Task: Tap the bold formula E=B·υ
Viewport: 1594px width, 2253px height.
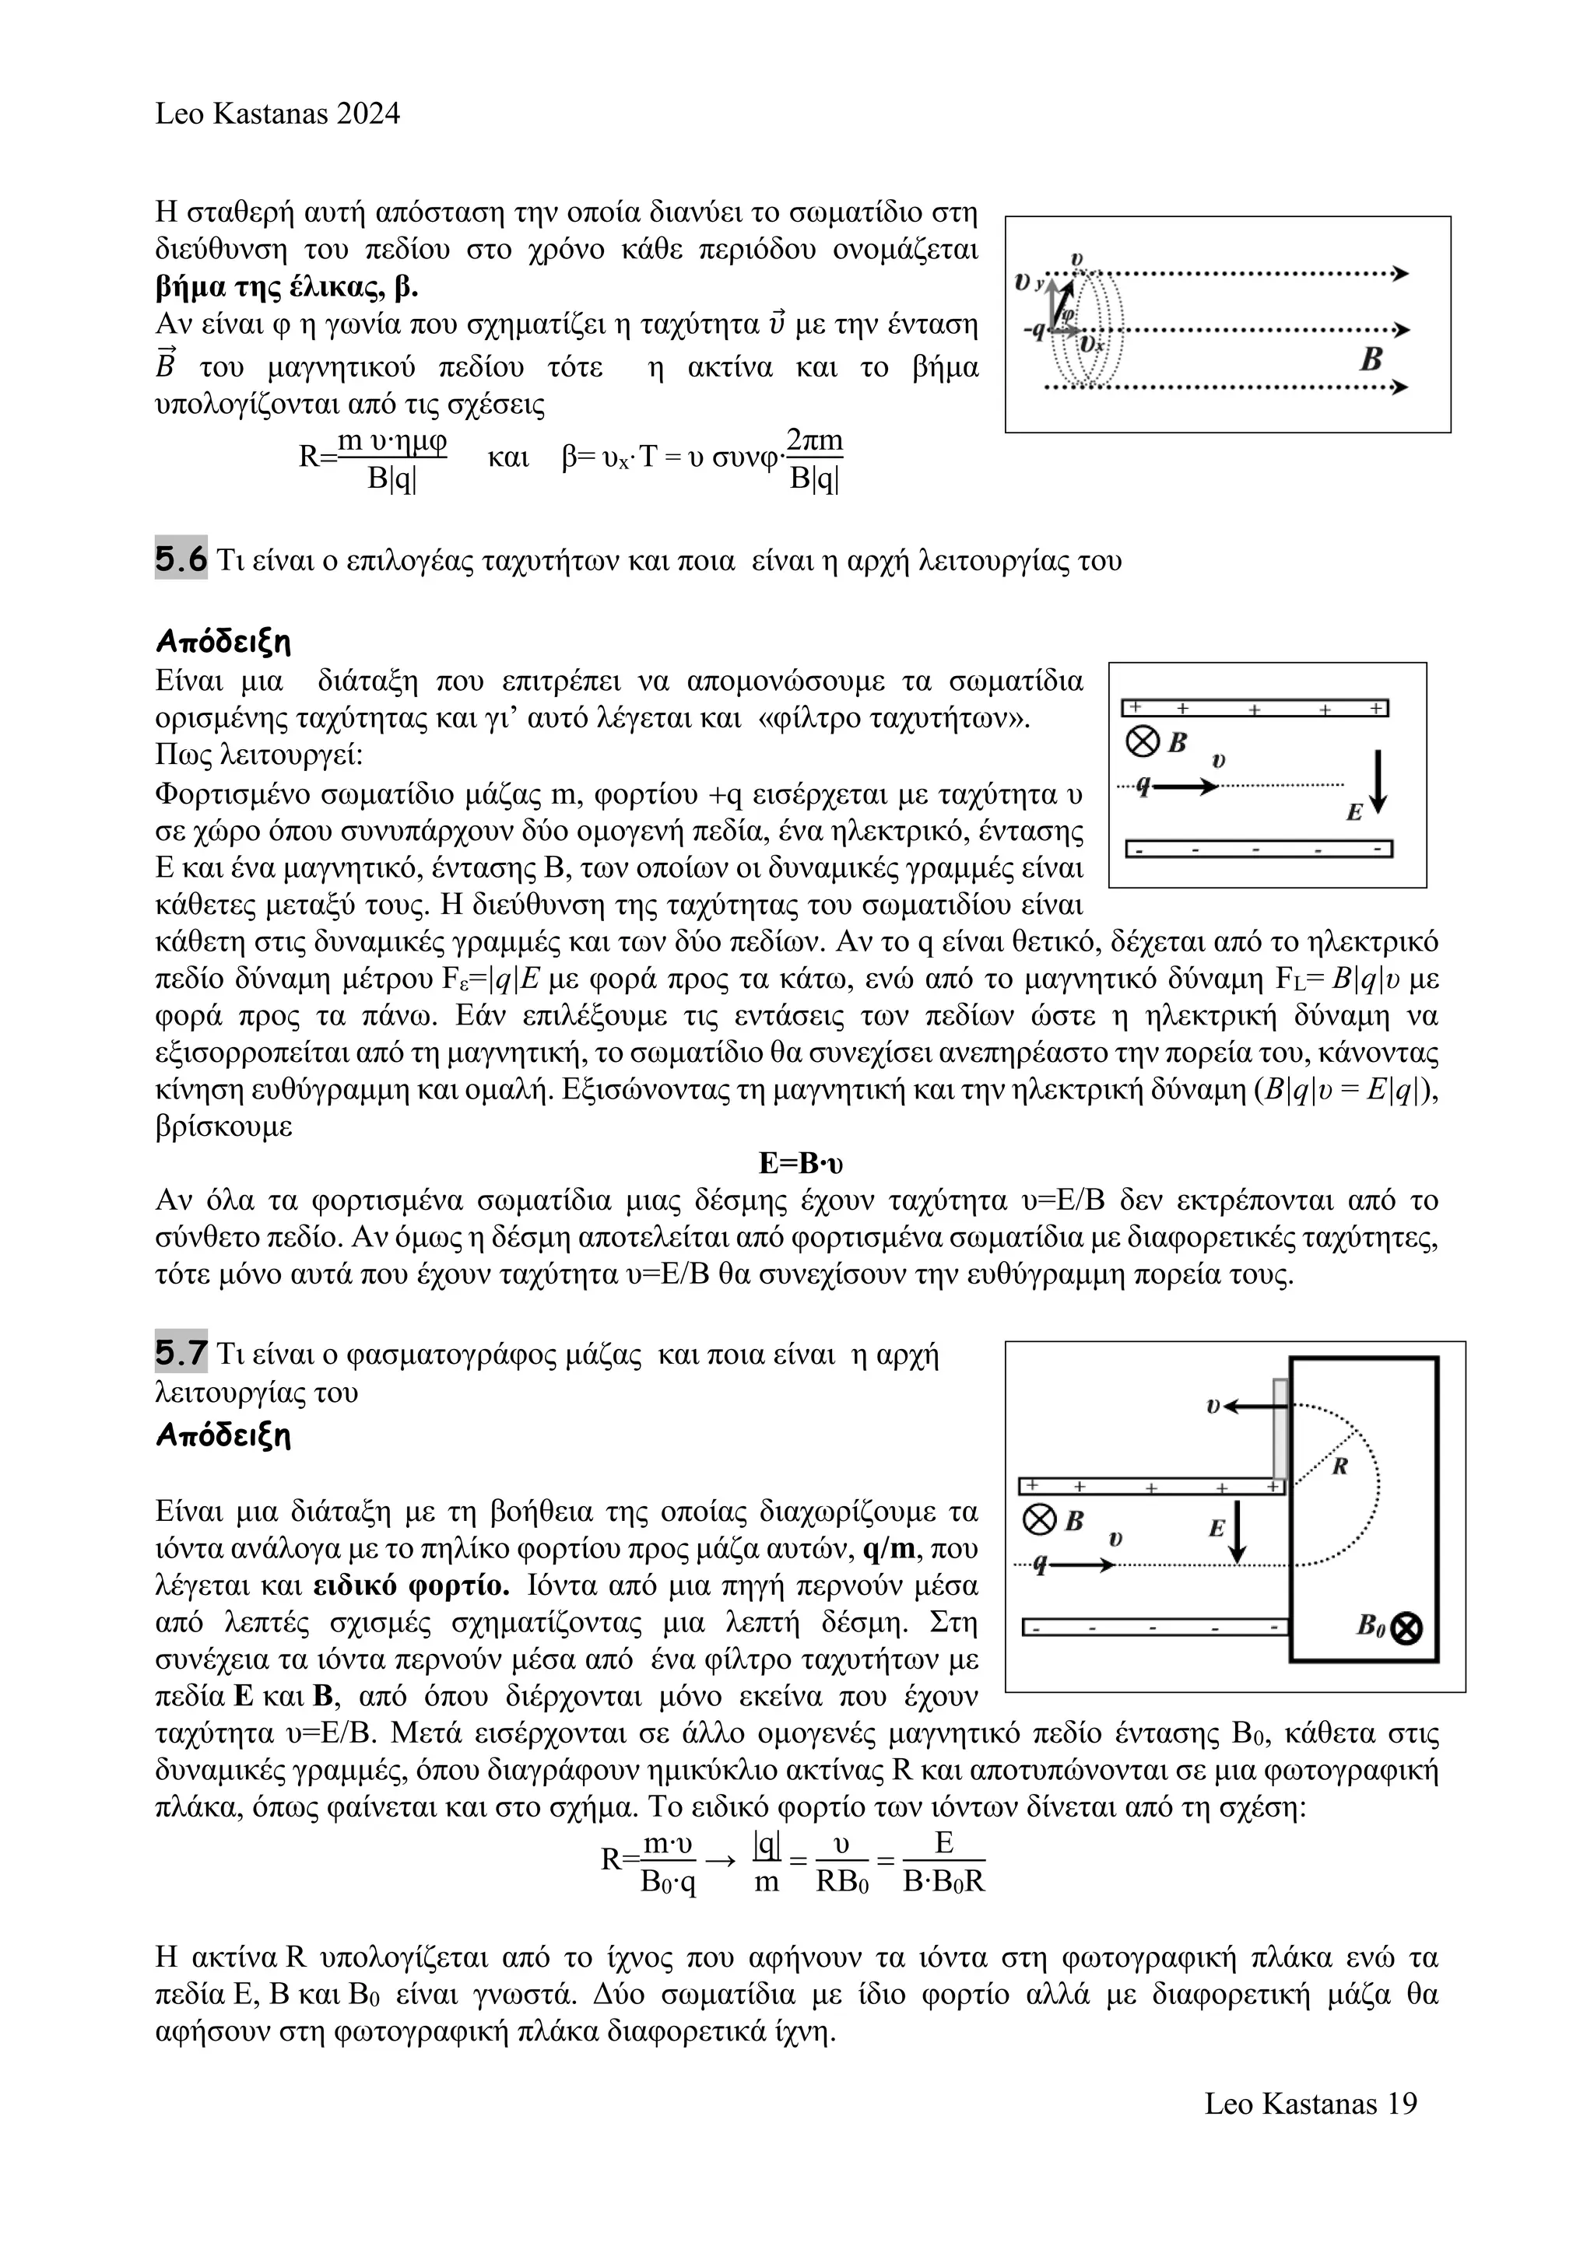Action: point(801,1163)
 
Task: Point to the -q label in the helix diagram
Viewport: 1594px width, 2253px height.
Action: point(1033,330)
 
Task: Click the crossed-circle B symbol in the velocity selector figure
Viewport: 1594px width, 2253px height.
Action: point(1142,742)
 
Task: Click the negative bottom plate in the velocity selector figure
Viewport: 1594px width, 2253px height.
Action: point(1259,849)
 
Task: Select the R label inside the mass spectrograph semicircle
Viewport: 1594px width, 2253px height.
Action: point(1339,1466)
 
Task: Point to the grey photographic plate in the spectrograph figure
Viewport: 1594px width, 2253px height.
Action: point(1280,1428)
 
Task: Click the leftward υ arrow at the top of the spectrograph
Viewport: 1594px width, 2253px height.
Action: point(1247,1406)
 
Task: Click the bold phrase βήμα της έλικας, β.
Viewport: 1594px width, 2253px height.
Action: point(286,288)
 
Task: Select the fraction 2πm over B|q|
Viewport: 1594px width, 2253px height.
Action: point(815,459)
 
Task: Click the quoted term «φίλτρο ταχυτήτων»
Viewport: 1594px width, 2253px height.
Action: point(894,718)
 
